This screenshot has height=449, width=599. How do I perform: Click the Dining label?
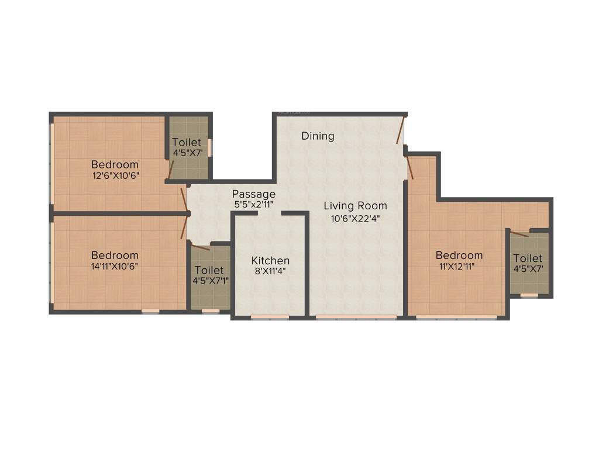click(x=318, y=136)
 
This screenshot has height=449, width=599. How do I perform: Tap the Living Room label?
click(x=355, y=206)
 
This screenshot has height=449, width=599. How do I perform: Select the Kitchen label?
click(x=270, y=261)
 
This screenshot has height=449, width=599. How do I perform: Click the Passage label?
click(x=253, y=194)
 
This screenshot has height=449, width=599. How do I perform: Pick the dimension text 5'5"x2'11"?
click(x=253, y=205)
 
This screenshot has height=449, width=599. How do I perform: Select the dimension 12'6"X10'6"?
click(x=115, y=175)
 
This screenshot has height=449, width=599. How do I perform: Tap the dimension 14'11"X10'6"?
click(x=115, y=266)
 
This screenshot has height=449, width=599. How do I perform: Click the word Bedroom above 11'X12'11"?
click(x=459, y=255)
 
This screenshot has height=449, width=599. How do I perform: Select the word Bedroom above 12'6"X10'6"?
click(x=115, y=164)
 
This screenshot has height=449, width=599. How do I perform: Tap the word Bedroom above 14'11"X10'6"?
click(x=115, y=255)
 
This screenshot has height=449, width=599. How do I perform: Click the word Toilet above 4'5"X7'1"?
click(x=209, y=270)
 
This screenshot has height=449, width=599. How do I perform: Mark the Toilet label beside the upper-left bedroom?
click(x=187, y=143)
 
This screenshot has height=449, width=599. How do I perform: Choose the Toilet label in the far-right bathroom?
click(x=528, y=258)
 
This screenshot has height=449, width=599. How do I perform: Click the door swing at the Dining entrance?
click(x=401, y=130)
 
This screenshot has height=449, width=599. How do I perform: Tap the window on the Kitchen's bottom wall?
click(x=270, y=317)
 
